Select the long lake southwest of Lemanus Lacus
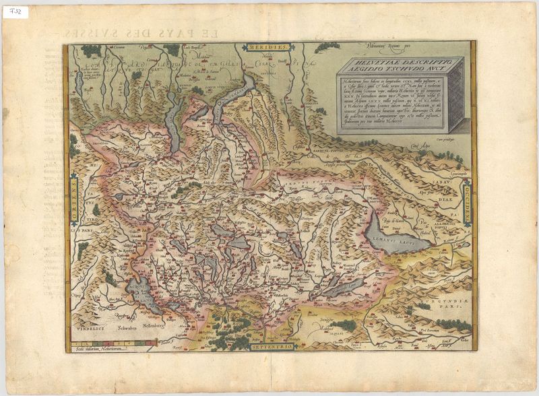[x=346, y=288]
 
